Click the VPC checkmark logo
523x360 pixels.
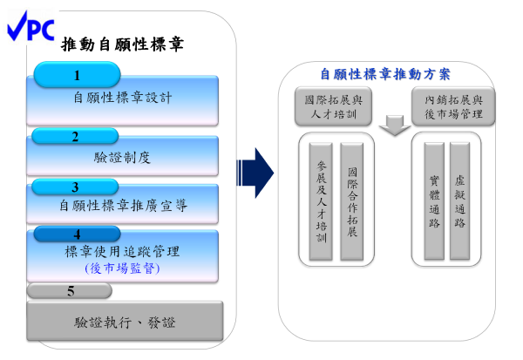tap(31, 26)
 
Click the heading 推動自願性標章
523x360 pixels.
tap(122, 44)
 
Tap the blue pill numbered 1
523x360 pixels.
tap(77, 74)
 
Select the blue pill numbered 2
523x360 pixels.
tap(75, 136)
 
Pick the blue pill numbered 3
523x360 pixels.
tap(75, 187)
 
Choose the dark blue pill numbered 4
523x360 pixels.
tap(77, 234)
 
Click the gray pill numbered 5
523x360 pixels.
tap(70, 290)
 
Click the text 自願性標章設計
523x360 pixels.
tap(123, 98)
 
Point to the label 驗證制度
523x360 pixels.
tap(122, 158)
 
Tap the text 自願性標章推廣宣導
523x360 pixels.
tap(123, 206)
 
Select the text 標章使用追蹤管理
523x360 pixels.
tap(122, 252)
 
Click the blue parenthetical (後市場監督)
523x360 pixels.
tap(122, 268)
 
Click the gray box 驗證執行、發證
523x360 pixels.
tap(125, 321)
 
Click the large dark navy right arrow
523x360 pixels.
tap(255, 173)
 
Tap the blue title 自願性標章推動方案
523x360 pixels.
tap(385, 74)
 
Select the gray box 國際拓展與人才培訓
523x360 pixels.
tap(333, 106)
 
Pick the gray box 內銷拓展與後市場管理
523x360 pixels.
tap(453, 106)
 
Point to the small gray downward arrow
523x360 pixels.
tap(395, 126)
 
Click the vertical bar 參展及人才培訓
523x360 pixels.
tap(321, 201)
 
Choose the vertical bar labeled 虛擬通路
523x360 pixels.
tap(460, 201)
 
